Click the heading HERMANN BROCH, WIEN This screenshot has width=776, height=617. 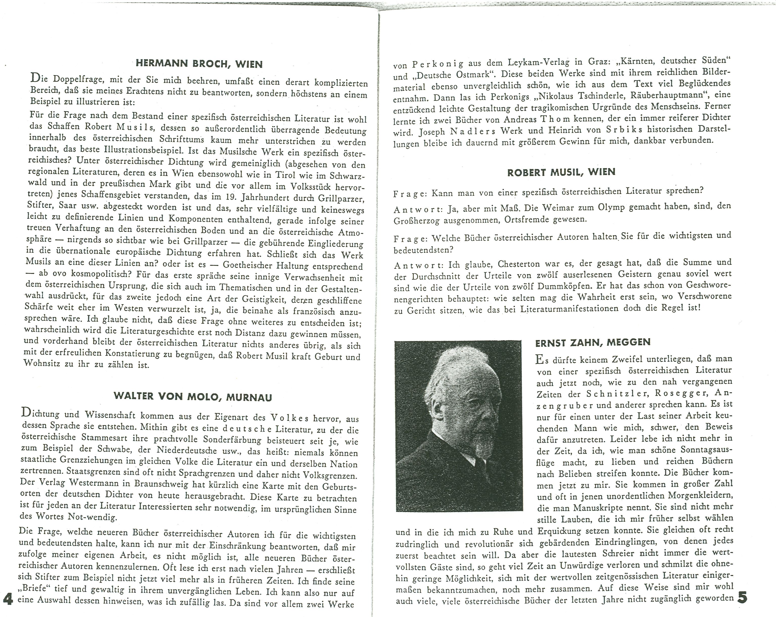[x=199, y=64]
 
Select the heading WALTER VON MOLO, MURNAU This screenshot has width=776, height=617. [x=193, y=397]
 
